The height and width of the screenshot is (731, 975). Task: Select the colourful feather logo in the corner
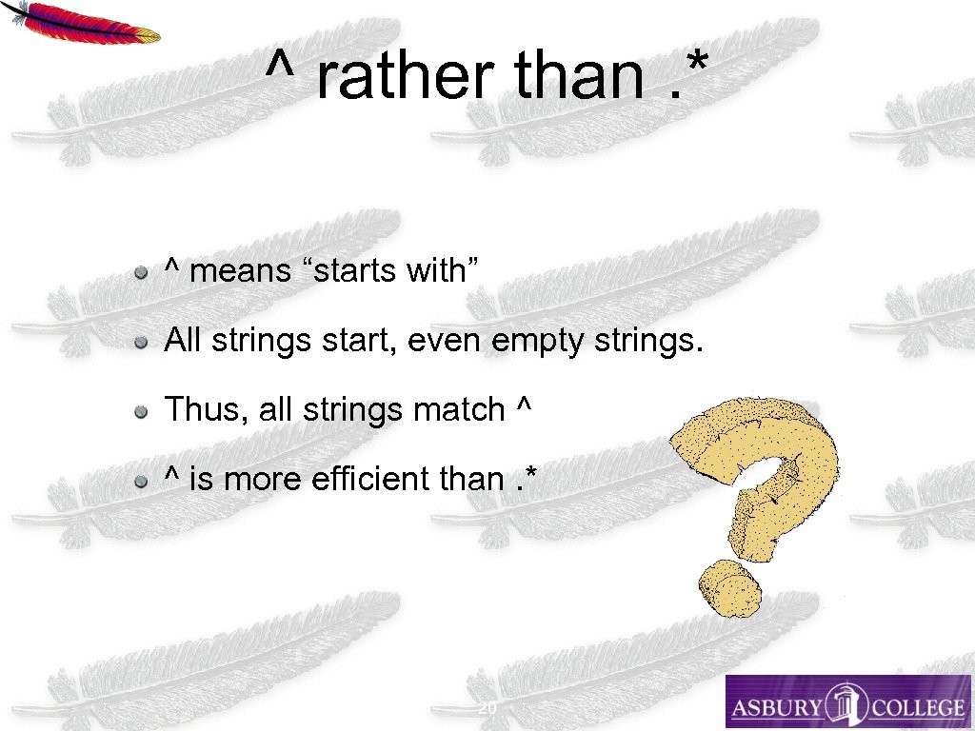[x=80, y=21]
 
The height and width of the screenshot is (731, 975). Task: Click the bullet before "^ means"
[x=141, y=273]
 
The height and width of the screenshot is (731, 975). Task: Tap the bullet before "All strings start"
[x=141, y=342]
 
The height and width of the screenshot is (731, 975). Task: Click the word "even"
[x=446, y=341]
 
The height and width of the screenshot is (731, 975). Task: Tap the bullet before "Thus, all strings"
[x=141, y=411]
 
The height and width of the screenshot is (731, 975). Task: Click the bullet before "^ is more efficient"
[x=141, y=481]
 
